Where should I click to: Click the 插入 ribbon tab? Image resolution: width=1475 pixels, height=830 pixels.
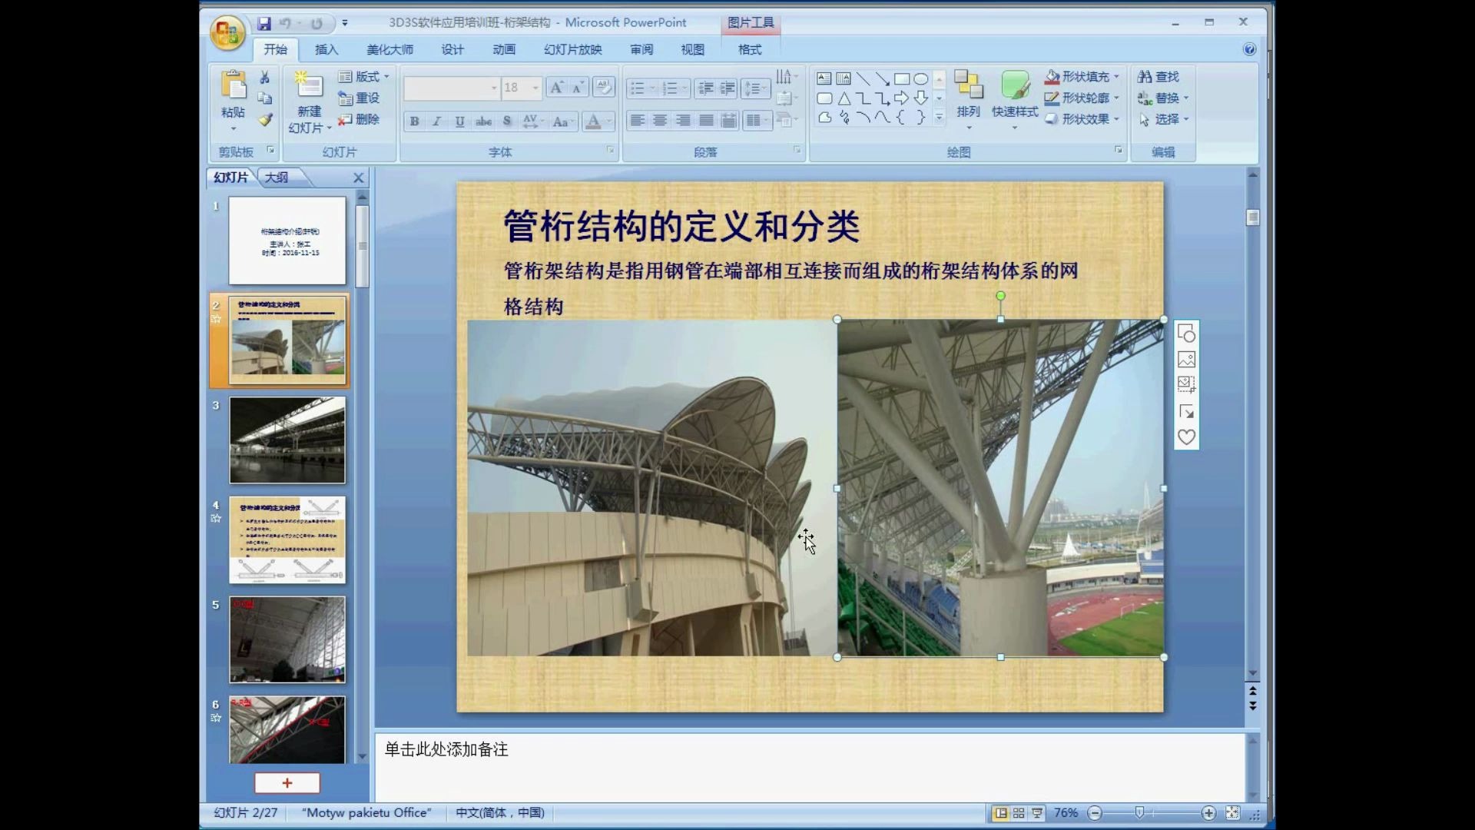pyautogui.click(x=326, y=50)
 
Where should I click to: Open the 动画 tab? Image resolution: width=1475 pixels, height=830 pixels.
pyautogui.click(x=504, y=50)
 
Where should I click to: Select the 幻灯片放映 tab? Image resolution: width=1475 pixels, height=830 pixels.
pyautogui.click(x=572, y=50)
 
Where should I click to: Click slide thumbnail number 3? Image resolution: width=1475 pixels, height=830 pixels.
pyautogui.click(x=287, y=440)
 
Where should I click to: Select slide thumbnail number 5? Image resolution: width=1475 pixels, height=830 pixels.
pyautogui.click(x=287, y=639)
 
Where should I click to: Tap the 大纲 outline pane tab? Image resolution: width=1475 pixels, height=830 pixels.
pyautogui.click(x=277, y=178)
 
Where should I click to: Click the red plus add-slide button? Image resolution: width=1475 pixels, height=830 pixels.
pyautogui.click(x=287, y=783)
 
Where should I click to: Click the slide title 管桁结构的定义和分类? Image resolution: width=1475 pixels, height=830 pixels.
pyautogui.click(x=681, y=227)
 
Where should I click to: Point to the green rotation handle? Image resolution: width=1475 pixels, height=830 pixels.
pyautogui.click(x=1000, y=296)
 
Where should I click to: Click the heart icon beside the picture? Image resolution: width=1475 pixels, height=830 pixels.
pyautogui.click(x=1186, y=437)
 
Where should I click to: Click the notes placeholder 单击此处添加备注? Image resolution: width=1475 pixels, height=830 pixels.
pyautogui.click(x=446, y=749)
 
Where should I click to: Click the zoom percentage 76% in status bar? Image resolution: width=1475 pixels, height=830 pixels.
pyautogui.click(x=1066, y=813)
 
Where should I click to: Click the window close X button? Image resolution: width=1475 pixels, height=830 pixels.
pyautogui.click(x=1243, y=22)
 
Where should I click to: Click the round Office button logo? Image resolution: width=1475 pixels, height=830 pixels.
pyautogui.click(x=227, y=33)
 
